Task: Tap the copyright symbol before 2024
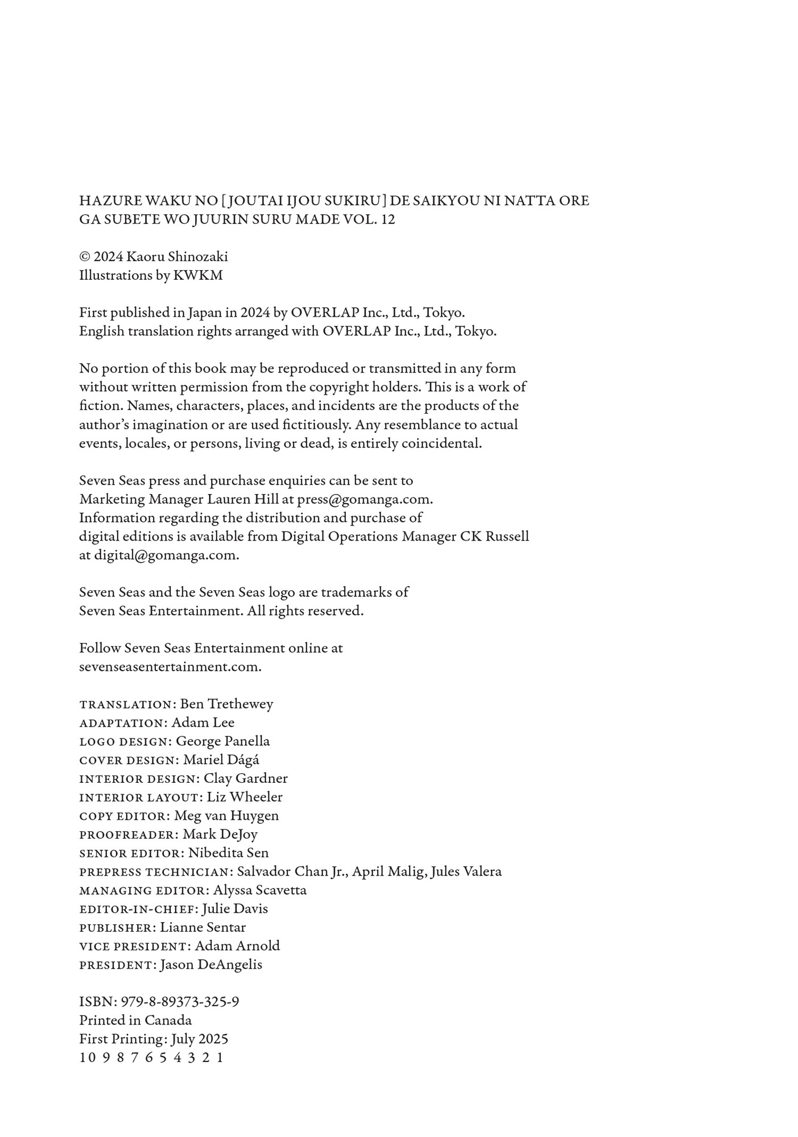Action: pyautogui.click(x=84, y=257)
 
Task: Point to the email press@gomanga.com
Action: pyautogui.click(x=365, y=499)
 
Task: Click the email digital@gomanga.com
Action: pyautogui.click(x=166, y=555)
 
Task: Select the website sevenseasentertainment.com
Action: pyautogui.click(x=170, y=667)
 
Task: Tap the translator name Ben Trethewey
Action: pyautogui.click(x=226, y=704)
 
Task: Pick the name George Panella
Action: pyautogui.click(x=222, y=741)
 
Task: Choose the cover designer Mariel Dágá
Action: pyautogui.click(x=221, y=760)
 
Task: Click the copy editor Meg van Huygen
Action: pyautogui.click(x=226, y=816)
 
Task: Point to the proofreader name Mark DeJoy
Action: pyautogui.click(x=220, y=835)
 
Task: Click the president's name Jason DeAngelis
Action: pyautogui.click(x=211, y=965)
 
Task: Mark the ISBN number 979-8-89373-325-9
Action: pyautogui.click(x=180, y=1002)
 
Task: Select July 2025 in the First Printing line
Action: pyautogui.click(x=200, y=1039)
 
